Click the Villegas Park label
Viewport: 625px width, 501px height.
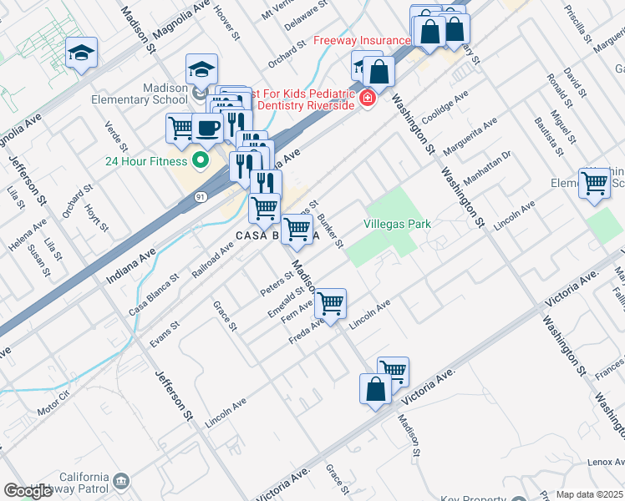click(x=397, y=224)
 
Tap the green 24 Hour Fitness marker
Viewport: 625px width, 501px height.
click(x=200, y=159)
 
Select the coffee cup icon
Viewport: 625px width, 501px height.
click(x=207, y=129)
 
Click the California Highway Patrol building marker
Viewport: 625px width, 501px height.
click(x=122, y=480)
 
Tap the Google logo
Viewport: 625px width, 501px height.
click(x=28, y=491)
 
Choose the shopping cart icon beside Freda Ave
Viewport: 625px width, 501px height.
click(x=331, y=302)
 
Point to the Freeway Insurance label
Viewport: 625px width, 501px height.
click(x=362, y=40)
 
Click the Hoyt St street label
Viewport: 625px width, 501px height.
click(x=99, y=216)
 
